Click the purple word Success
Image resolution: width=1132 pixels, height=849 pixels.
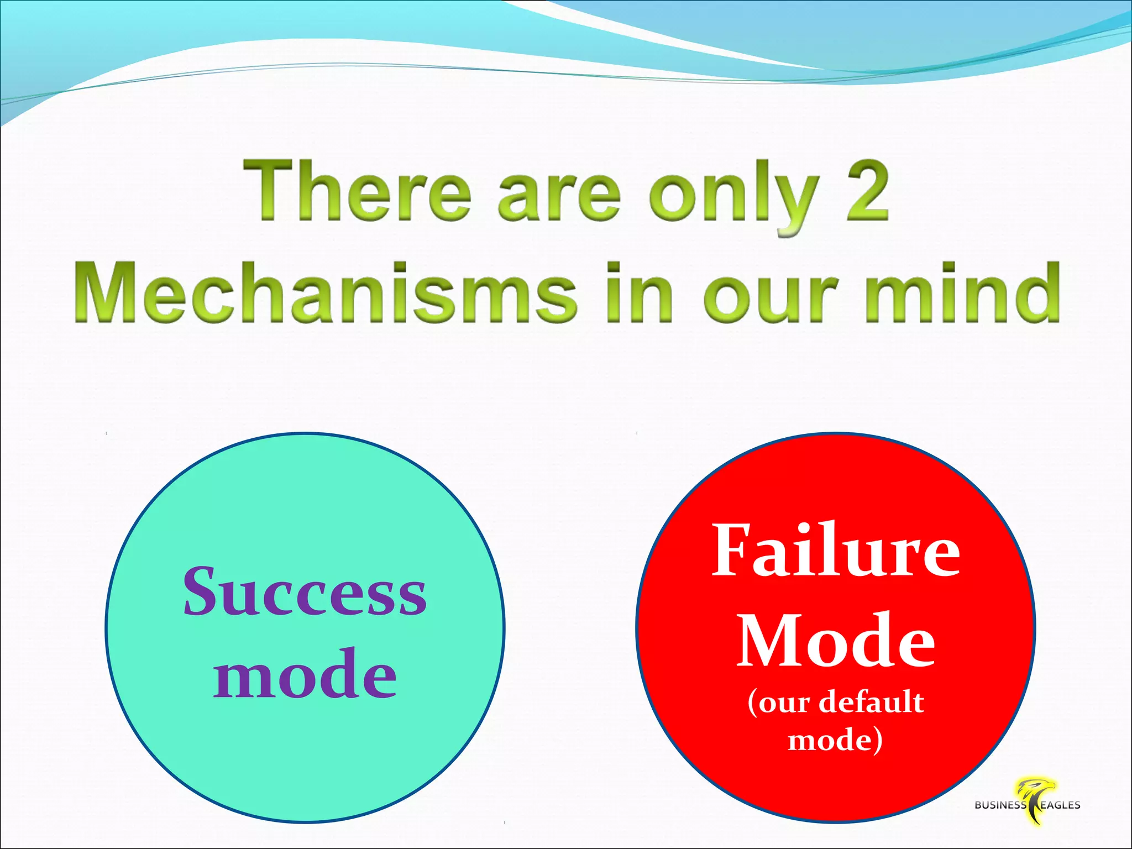pos(305,591)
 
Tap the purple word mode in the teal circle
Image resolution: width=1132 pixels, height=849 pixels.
pos(305,674)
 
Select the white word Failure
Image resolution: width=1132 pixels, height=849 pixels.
pos(836,550)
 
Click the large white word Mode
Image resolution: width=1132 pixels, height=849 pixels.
pos(836,641)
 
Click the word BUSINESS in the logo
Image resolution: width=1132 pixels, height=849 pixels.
pos(1000,805)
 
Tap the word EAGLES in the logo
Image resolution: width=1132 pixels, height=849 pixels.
pos(1060,805)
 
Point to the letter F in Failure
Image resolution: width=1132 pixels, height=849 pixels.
pos(732,550)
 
